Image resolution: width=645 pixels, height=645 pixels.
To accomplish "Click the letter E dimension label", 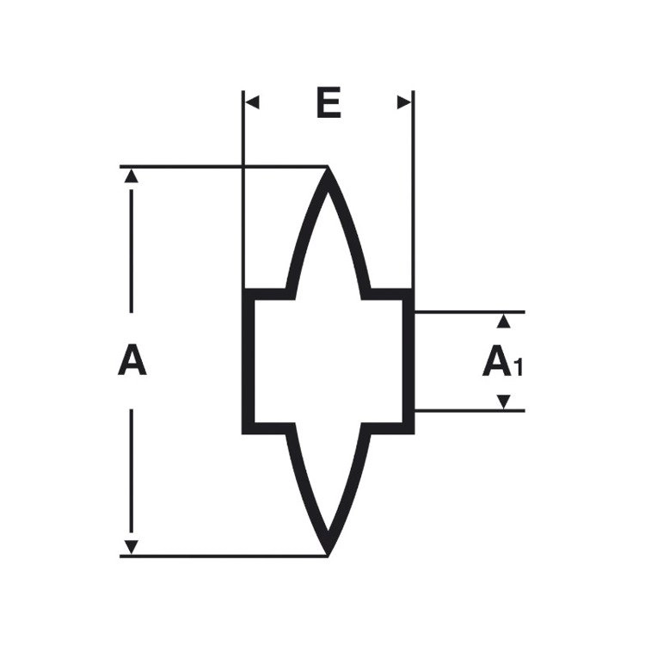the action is coord(329,102).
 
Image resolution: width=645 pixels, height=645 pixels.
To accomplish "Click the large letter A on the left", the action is coord(132,360).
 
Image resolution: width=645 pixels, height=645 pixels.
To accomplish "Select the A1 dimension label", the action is coord(502,361).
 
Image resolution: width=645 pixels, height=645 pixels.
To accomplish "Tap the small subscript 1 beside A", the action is coord(519,367).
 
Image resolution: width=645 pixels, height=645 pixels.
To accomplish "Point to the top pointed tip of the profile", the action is coord(328,167).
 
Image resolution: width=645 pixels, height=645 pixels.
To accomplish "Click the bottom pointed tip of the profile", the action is coord(328,556).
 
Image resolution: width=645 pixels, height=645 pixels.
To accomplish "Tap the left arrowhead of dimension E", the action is coord(252,102).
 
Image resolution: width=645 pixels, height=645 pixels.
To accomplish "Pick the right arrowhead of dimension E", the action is coord(404,102).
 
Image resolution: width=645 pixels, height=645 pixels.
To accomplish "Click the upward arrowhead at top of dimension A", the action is coord(132,175).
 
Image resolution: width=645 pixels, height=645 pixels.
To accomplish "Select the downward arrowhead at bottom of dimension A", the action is coord(132,547).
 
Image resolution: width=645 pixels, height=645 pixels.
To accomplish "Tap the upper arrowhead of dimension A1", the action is coord(503,322).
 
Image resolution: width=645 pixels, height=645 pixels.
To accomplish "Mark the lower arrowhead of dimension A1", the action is coord(503,402).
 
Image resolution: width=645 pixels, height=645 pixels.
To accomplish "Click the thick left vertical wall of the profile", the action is coord(248,361).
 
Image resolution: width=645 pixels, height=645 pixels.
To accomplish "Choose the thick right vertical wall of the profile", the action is coord(408,361).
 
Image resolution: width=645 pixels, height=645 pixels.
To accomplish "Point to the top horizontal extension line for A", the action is coord(224,167).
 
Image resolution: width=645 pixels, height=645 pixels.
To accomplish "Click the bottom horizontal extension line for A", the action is coord(224,556).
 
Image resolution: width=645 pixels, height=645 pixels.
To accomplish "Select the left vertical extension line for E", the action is coord(243,190).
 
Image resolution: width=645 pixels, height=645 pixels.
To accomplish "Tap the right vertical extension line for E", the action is coord(413,190).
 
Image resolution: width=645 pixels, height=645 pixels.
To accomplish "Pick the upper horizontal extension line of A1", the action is coord(470,312).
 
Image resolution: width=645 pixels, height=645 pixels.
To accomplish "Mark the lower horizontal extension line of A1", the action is coord(470,410).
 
